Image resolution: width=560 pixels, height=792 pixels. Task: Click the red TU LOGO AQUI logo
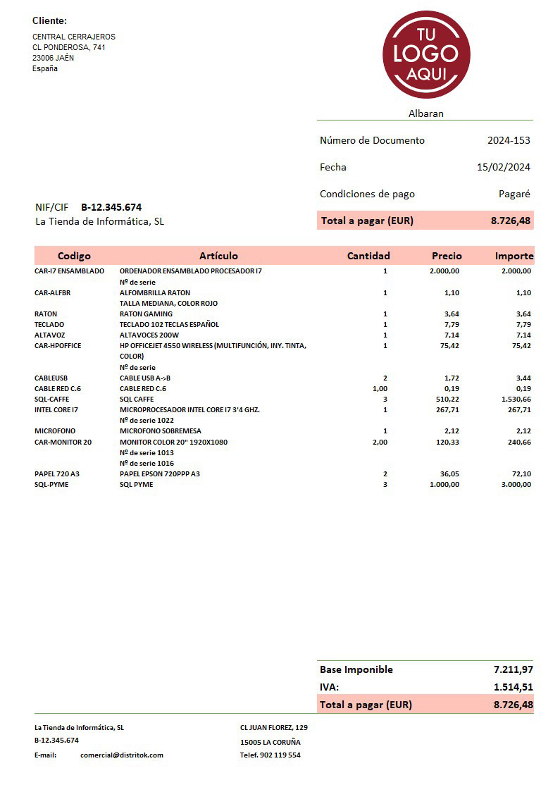coord(426,55)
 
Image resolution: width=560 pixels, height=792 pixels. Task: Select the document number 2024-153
coord(509,140)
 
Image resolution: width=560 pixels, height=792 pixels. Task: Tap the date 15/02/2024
coord(503,167)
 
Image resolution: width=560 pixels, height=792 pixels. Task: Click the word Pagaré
coord(514,194)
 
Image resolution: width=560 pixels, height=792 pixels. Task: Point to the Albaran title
coord(425,113)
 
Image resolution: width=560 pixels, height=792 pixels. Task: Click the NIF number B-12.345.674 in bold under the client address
coord(111,207)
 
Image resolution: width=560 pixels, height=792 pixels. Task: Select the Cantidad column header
coord(368,256)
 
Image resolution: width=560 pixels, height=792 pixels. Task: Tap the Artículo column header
coord(218,256)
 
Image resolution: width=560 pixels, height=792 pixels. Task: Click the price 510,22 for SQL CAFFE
coord(445,399)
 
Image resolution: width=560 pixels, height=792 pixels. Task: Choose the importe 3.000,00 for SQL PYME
coord(516,484)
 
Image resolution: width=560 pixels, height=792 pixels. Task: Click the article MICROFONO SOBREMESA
coord(161,431)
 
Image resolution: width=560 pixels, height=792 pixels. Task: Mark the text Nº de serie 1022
coord(147,420)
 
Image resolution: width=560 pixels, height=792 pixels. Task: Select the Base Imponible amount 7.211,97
coord(513,669)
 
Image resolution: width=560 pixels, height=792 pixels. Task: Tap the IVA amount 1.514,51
coord(513,687)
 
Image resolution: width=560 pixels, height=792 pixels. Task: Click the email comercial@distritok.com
coord(122,755)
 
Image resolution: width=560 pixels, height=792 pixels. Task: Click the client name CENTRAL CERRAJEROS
coord(74,37)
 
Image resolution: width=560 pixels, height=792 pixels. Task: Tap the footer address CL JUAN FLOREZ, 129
coord(273,727)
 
